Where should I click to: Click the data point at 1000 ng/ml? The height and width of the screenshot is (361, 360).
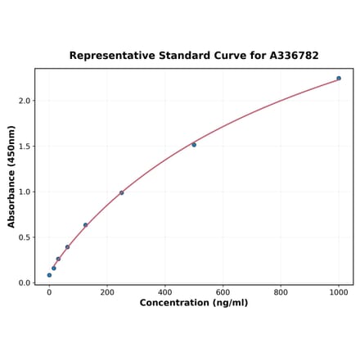click(x=339, y=79)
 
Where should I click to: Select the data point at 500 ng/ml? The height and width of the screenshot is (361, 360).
click(x=194, y=145)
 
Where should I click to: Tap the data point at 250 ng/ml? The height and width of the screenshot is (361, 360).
click(x=122, y=193)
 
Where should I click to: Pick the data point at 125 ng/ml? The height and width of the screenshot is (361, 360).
click(x=85, y=225)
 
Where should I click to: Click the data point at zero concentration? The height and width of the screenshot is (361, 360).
click(x=49, y=275)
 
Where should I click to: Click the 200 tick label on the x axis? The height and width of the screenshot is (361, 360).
click(x=107, y=291)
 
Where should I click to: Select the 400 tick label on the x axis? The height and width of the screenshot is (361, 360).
click(x=165, y=291)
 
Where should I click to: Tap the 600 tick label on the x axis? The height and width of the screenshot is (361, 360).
click(x=223, y=291)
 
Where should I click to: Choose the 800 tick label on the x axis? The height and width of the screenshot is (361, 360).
click(x=281, y=291)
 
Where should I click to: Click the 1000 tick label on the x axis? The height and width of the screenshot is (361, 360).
click(x=339, y=291)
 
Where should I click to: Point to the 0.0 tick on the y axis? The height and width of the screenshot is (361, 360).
click(x=25, y=283)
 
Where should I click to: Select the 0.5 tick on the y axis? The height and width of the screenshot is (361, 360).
click(x=25, y=237)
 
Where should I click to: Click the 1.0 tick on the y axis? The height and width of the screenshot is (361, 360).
click(x=25, y=192)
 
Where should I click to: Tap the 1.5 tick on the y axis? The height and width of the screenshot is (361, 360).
click(x=25, y=147)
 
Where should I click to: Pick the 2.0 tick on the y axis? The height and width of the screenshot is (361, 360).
click(x=25, y=101)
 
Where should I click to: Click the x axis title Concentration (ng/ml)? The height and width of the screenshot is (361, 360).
click(x=194, y=303)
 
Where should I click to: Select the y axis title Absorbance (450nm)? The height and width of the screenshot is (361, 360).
click(x=11, y=176)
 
